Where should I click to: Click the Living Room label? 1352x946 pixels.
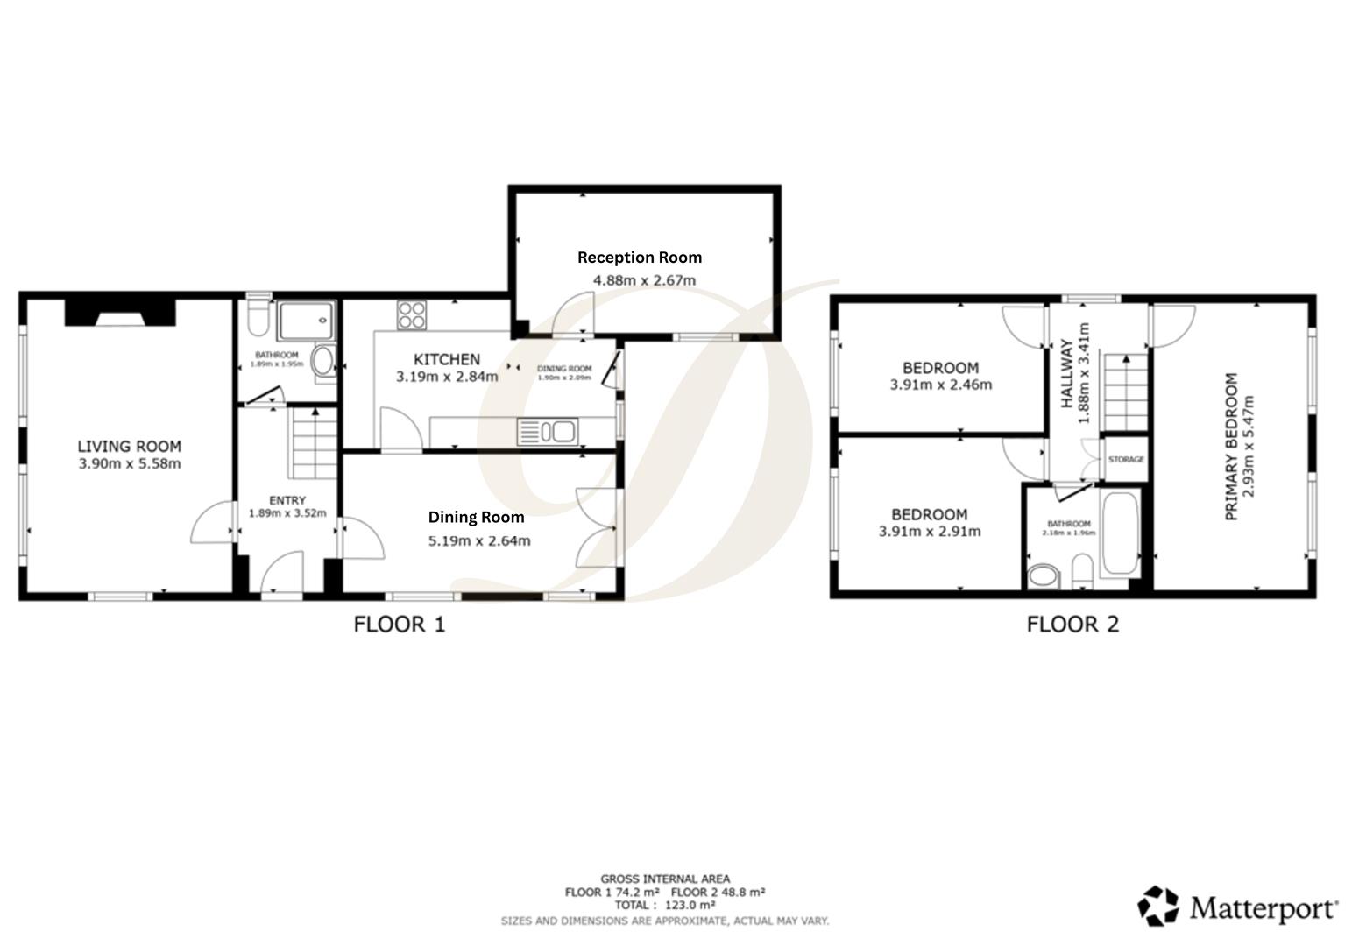(x=129, y=446)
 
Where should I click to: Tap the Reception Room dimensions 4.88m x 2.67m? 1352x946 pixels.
(x=644, y=280)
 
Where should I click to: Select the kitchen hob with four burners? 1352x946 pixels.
(x=412, y=315)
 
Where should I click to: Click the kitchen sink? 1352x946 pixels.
(x=546, y=431)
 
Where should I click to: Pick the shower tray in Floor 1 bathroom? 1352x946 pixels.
(x=306, y=321)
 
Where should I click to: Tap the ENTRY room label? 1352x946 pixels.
(x=287, y=500)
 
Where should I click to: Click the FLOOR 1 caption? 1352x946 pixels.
(x=399, y=625)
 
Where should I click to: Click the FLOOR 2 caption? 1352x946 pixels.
(x=1072, y=625)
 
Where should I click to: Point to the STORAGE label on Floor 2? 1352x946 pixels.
(x=1125, y=460)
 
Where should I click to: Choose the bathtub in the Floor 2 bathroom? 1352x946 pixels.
(x=1119, y=534)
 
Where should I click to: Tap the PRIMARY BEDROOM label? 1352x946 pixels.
(x=1231, y=447)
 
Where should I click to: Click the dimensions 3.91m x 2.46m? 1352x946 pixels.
(x=940, y=385)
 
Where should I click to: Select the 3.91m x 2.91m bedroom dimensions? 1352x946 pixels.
(x=929, y=532)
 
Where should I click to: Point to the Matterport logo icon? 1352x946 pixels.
(x=1157, y=906)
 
